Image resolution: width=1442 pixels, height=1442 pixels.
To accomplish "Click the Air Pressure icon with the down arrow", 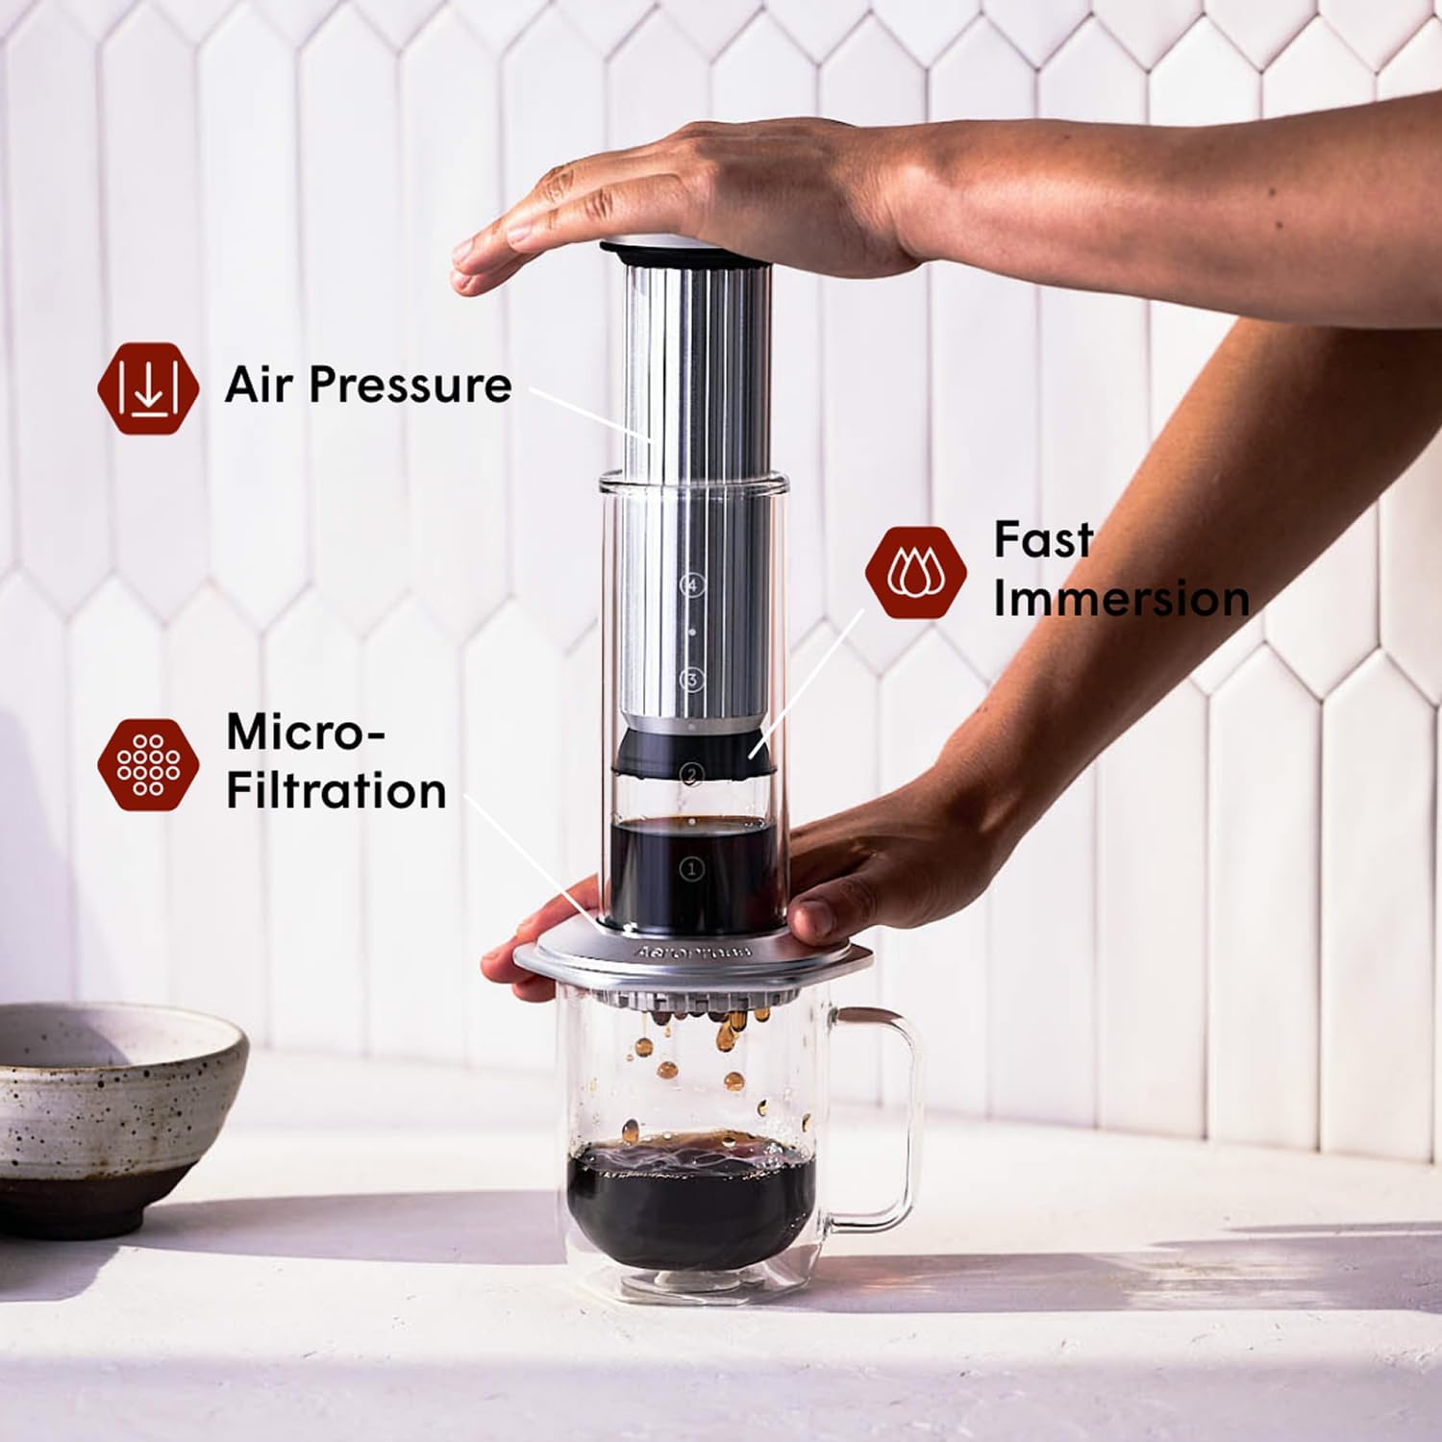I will pyautogui.click(x=148, y=388).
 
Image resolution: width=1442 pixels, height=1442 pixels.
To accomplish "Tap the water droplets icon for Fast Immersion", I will pyautogui.click(x=915, y=573).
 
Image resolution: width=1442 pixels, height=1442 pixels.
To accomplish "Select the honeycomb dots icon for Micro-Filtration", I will pyautogui.click(x=148, y=764).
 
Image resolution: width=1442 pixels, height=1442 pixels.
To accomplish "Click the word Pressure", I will pyautogui.click(x=410, y=386).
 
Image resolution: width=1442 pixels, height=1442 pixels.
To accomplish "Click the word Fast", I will pyautogui.click(x=1043, y=540).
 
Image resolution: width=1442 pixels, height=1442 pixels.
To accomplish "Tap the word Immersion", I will pyautogui.click(x=1121, y=599).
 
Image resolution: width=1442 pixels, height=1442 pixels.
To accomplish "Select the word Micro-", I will pyautogui.click(x=306, y=733).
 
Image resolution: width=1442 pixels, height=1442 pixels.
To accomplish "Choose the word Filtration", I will pyautogui.click(x=336, y=792).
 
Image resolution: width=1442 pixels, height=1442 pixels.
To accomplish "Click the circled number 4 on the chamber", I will pyautogui.click(x=692, y=584).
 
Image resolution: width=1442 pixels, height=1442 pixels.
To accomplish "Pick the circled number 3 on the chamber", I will pyautogui.click(x=691, y=681).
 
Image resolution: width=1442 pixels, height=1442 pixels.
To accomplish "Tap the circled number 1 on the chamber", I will pyautogui.click(x=690, y=869).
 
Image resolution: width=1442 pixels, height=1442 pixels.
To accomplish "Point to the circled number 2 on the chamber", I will pyautogui.click(x=690, y=775).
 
